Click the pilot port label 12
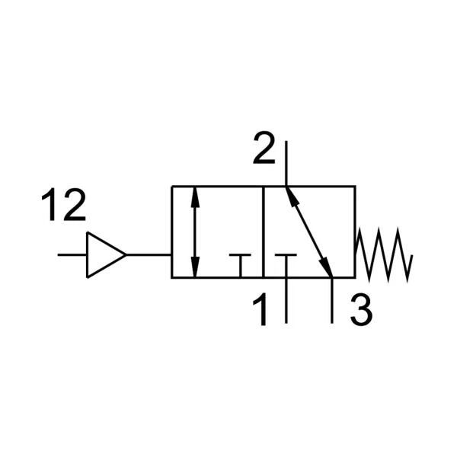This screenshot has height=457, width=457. point(63,204)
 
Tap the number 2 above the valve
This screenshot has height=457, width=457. point(264,148)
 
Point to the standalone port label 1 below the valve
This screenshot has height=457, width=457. point(260,309)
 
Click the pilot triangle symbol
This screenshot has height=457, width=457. point(106,255)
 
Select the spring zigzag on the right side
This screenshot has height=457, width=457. point(383,255)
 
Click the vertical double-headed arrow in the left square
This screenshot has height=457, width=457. point(195,232)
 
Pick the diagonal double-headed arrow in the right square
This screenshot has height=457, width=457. point(309,232)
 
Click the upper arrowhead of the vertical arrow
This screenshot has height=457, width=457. point(195,197)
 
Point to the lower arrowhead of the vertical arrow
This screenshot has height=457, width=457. point(195,267)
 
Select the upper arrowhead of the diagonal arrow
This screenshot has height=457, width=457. point(292,197)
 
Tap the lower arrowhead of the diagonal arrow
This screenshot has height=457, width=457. point(326,267)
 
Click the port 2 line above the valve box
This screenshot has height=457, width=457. point(286,163)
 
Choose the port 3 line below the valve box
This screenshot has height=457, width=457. point(332,301)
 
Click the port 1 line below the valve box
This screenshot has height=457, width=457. point(286,301)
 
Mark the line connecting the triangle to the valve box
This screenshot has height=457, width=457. point(149,255)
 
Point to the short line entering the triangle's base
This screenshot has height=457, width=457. point(72,255)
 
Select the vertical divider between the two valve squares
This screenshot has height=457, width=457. point(264,232)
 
